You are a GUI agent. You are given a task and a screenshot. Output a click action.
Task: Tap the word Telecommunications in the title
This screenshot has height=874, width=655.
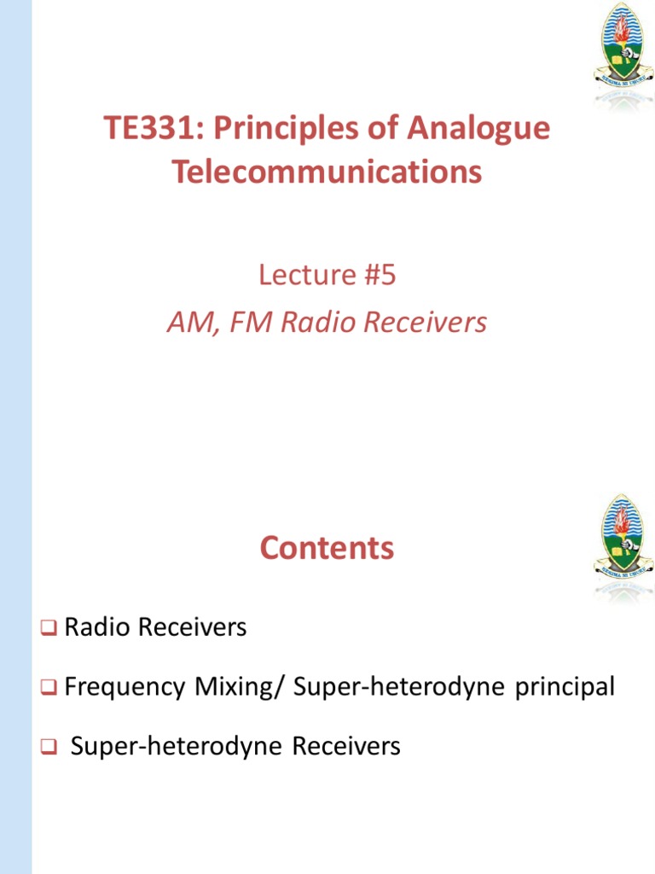click(327, 172)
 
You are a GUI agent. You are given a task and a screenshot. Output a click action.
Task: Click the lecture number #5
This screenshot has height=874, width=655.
click(380, 275)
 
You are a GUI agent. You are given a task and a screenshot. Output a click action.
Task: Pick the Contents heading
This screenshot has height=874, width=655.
click(327, 548)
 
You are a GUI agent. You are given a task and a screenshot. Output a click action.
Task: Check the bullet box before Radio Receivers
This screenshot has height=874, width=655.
click(48, 629)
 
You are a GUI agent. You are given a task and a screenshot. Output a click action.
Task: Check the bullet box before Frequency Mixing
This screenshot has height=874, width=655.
click(48, 687)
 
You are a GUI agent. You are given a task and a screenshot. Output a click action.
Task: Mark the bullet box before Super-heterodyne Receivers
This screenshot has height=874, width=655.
click(48, 748)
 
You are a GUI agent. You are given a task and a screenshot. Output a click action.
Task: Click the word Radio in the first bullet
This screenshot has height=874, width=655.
click(98, 628)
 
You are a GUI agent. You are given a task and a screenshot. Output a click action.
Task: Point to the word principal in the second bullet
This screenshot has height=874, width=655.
click(565, 687)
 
